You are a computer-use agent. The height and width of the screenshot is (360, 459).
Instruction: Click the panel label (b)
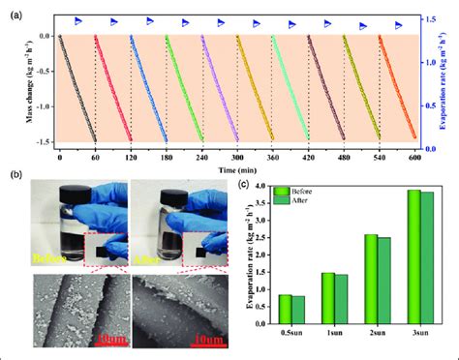click(15, 174)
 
